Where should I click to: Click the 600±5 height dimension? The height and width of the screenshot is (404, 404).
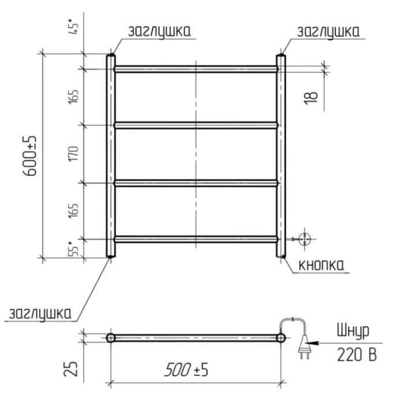[30, 156]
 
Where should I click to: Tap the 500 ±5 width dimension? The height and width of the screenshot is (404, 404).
[186, 370]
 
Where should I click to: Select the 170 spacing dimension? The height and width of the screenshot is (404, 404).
[73, 154]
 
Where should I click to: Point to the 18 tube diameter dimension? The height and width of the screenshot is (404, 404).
[311, 98]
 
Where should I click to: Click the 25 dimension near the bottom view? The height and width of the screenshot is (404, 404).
[71, 369]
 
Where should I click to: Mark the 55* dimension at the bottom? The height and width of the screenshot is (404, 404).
[73, 249]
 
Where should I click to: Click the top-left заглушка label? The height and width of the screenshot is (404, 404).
[159, 31]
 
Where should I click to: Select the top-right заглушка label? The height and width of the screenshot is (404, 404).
[328, 32]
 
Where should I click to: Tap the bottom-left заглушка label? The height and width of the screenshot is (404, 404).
[40, 314]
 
